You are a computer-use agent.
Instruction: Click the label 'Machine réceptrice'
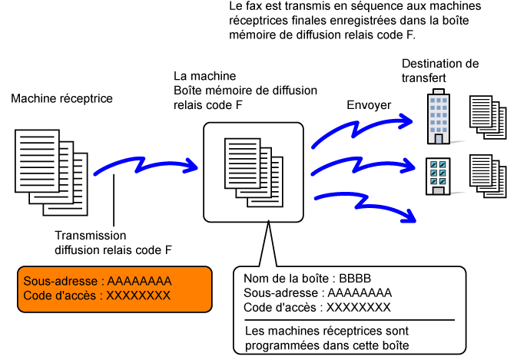pos(61,98)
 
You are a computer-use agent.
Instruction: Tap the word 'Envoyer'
pos(369,105)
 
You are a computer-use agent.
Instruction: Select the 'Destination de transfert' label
pos(440,71)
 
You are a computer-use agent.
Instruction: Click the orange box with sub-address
pos(114,289)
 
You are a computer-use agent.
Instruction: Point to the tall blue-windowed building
pos(439,117)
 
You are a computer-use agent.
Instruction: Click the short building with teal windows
pos(438,177)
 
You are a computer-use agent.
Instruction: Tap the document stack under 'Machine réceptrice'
pos(51,173)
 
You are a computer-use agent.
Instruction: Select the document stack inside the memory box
pos(254,172)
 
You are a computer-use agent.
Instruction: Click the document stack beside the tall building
pos(488,117)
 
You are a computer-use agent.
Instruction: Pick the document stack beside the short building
pos(488,177)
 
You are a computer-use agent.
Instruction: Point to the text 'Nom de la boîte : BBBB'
pos(307,279)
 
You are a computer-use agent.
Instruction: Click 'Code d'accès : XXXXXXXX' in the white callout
pos(317,308)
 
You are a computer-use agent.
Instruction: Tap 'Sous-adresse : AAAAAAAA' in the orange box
pos(98,281)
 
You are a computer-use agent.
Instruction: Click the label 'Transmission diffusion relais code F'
pos(113,243)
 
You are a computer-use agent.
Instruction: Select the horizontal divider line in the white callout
pos(350,320)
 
